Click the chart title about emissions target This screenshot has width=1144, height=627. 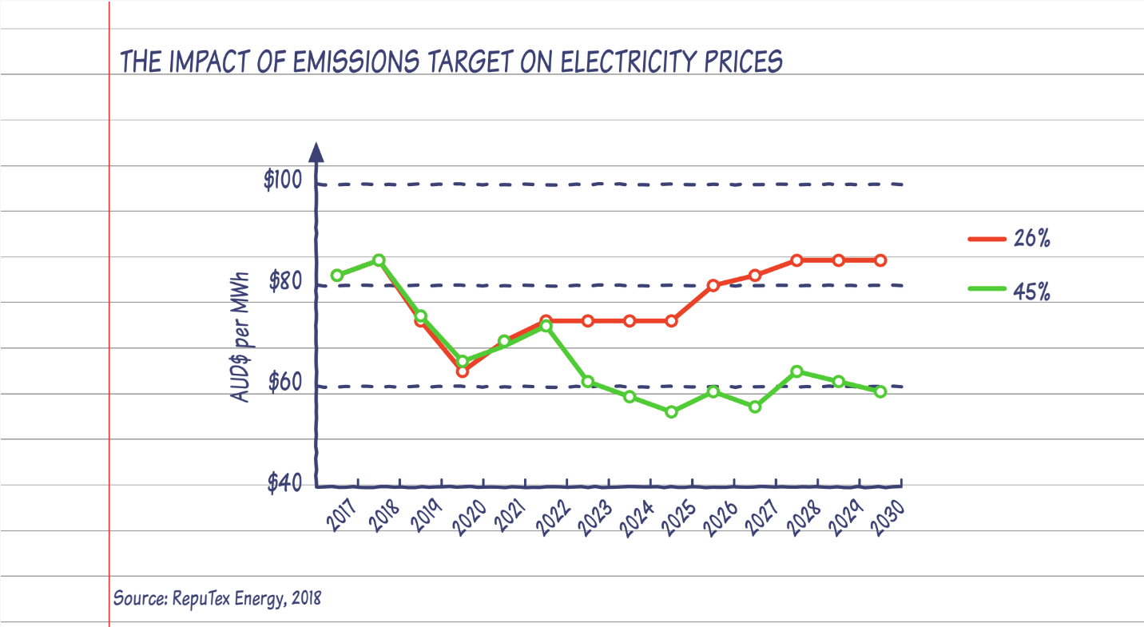tap(451, 62)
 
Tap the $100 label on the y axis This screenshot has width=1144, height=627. tap(283, 181)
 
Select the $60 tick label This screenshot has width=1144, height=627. tap(286, 383)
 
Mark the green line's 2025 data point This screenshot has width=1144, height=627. tap(671, 412)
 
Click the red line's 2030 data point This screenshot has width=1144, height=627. tap(880, 260)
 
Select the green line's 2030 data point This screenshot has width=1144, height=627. tap(880, 392)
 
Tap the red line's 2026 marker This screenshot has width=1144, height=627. tap(713, 285)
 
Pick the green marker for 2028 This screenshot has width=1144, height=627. tap(796, 371)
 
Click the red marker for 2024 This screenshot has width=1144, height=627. tap(630, 321)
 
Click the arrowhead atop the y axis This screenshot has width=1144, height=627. tap(316, 152)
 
